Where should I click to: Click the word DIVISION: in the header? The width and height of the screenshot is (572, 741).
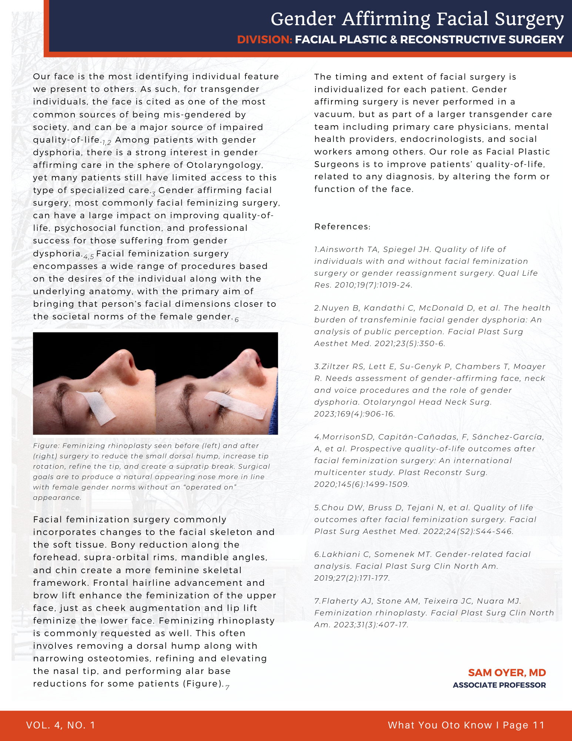pyautogui.click(x=265, y=40)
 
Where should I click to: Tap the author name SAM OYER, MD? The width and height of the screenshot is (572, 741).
pyautogui.click(x=507, y=673)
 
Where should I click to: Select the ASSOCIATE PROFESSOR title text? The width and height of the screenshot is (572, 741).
pyautogui.click(x=499, y=685)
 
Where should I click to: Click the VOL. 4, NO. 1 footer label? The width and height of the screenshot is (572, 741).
pyautogui.click(x=61, y=725)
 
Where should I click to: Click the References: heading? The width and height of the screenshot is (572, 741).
pyautogui.click(x=342, y=227)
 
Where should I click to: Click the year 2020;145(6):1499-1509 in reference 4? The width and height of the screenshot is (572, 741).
pyautogui.click(x=361, y=484)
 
